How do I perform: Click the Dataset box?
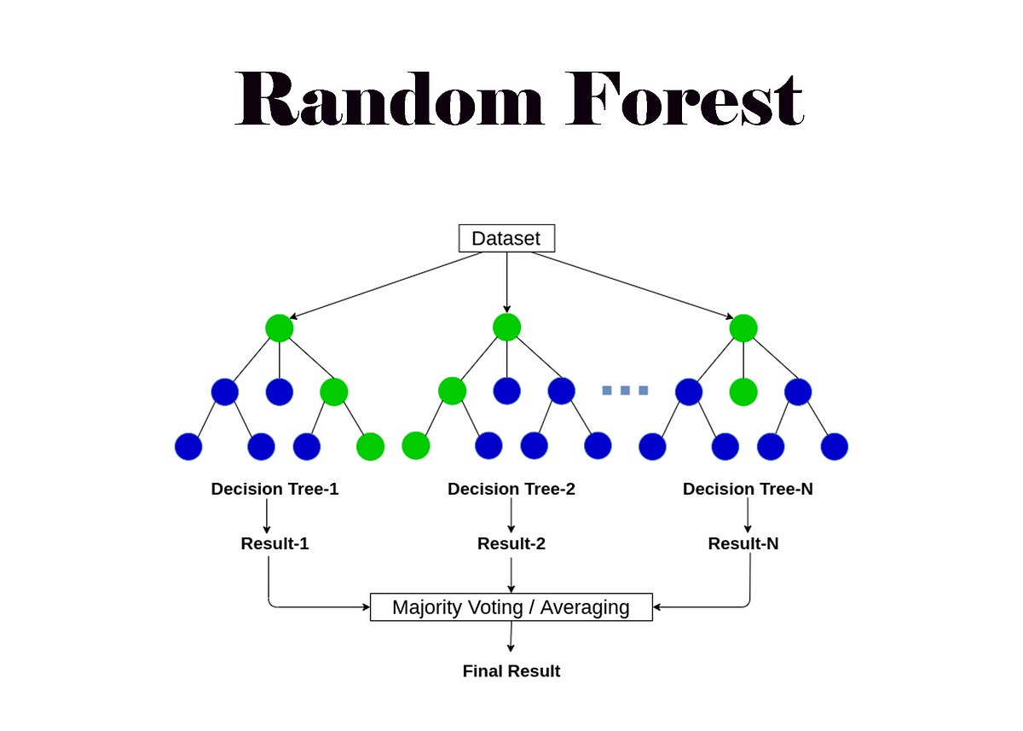tap(506, 238)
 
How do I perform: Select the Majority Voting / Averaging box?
tap(511, 607)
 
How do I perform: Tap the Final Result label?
tap(511, 671)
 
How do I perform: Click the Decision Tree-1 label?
tap(275, 490)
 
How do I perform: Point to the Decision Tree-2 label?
tap(511, 490)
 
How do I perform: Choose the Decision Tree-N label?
tap(748, 490)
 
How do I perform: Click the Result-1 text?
tap(275, 543)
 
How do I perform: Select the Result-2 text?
tap(511, 543)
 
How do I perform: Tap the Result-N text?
tap(743, 543)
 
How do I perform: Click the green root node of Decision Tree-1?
tap(280, 328)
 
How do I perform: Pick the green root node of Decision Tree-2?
tap(506, 328)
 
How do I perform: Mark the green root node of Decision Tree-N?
tap(743, 328)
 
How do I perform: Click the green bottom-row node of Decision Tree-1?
tap(370, 446)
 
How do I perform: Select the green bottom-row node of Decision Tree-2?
tap(415, 446)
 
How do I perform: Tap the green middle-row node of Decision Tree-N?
tap(743, 392)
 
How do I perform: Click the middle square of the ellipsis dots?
tap(625, 391)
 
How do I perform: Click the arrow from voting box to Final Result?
tap(511, 637)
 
